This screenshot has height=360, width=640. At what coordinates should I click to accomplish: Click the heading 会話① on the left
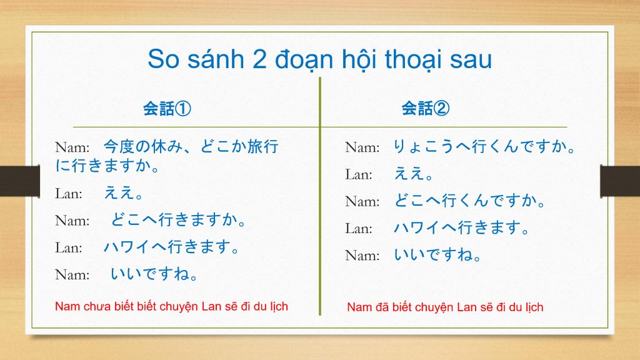(167, 109)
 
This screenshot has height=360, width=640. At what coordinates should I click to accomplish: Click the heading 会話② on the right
(425, 108)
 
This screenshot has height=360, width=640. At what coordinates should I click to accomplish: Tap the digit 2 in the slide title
(259, 59)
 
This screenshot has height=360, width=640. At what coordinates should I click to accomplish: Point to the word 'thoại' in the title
(414, 59)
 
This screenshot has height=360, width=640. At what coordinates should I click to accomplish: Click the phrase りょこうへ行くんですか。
(484, 146)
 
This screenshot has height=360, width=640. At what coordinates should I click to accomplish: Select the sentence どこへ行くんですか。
(469, 201)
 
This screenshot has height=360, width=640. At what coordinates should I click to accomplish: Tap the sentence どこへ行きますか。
(178, 219)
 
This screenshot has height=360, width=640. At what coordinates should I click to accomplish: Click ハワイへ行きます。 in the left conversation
(171, 247)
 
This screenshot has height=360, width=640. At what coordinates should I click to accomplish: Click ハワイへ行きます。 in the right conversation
(461, 227)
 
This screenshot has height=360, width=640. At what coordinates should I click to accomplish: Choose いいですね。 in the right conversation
(437, 255)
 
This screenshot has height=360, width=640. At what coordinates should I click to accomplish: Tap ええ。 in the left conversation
(123, 192)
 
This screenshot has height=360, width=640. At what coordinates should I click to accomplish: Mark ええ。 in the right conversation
(413, 174)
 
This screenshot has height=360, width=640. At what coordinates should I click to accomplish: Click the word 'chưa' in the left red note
(97, 306)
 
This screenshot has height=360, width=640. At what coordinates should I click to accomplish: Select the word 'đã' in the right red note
(382, 307)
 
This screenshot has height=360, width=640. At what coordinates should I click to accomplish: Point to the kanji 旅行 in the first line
(263, 146)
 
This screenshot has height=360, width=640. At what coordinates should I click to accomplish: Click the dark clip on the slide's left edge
(20, 181)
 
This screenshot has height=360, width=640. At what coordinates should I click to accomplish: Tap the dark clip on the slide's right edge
(620, 181)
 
